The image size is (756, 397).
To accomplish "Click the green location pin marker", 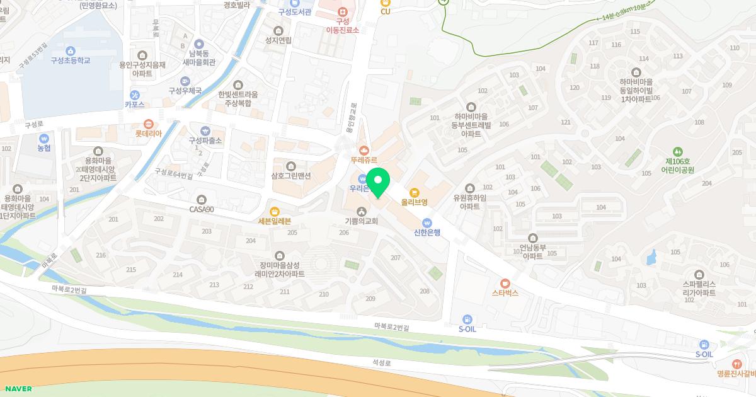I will click(x=378, y=183).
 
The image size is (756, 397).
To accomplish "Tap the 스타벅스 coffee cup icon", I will click(x=505, y=283).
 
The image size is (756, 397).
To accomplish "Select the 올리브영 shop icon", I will click(x=415, y=192).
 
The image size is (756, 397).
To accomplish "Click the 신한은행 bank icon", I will click(x=427, y=222).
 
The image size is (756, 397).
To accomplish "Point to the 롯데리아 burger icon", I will click(x=148, y=124).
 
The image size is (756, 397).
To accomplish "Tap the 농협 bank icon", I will click(x=43, y=139).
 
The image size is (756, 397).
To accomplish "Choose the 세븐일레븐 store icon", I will click(x=274, y=211).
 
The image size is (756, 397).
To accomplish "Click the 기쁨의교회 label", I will click(x=361, y=221).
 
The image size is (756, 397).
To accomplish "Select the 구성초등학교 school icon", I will click(x=70, y=50).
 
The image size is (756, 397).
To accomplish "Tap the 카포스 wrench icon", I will click(x=134, y=95).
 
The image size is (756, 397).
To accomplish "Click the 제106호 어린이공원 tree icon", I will click(x=678, y=151).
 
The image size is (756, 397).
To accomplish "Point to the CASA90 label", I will click(x=202, y=209).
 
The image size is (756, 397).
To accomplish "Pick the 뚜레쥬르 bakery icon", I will click(x=364, y=150).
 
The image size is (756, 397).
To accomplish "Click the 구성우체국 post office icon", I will click(x=185, y=81).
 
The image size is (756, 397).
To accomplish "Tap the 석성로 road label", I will click(x=381, y=363).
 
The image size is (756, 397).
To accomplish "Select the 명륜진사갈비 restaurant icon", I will click(x=736, y=364).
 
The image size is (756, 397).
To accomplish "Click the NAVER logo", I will click(x=16, y=389).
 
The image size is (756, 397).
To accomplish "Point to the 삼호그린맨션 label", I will click(x=291, y=176).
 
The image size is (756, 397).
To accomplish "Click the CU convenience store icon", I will click(x=385, y=3).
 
